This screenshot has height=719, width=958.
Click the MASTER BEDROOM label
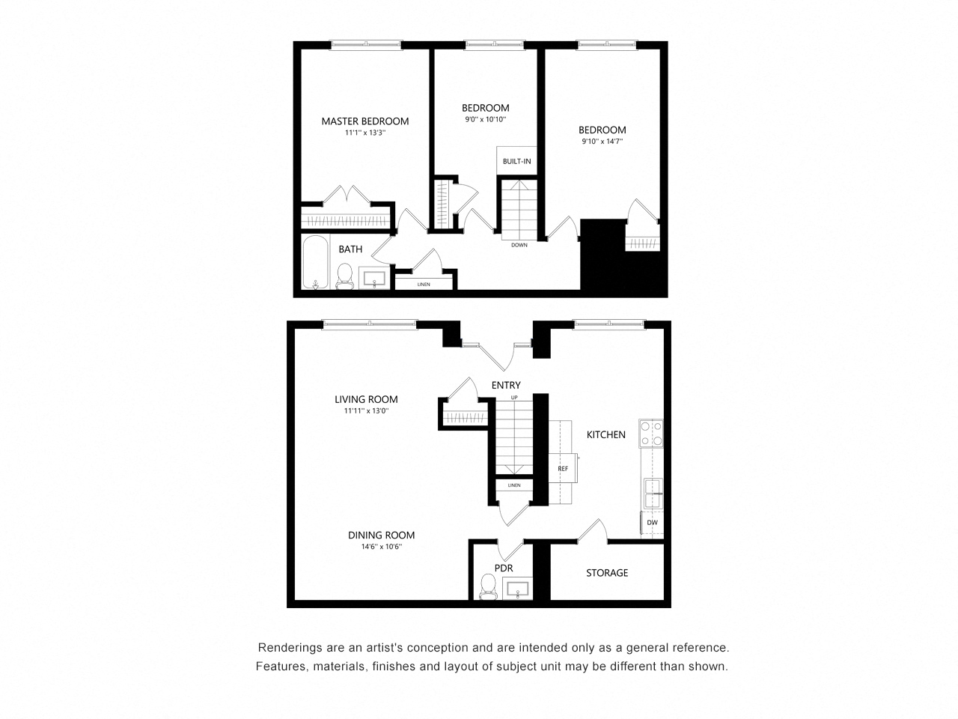tap(365, 121)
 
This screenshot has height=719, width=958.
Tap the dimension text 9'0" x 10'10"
tap(486, 119)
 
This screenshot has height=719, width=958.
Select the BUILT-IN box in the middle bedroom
tap(516, 161)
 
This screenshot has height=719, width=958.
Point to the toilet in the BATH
tap(345, 276)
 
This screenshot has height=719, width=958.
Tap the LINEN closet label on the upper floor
tap(424, 284)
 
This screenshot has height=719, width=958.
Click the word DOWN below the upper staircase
tap(519, 245)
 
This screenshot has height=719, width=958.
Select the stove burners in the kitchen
tap(650, 433)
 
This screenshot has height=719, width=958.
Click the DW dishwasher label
tap(652, 523)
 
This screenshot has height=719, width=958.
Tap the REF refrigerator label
tap(563, 469)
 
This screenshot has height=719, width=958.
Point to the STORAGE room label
tap(607, 573)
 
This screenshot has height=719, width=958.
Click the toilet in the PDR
tap(488, 586)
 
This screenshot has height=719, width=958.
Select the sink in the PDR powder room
tap(517, 589)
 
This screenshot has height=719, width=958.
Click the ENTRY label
tap(506, 385)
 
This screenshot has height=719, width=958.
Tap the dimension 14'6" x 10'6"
tap(381, 547)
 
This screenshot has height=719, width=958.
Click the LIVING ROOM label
tap(366, 400)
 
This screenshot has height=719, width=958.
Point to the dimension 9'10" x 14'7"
tap(602, 141)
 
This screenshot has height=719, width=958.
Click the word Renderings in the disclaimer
tap(288, 648)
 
